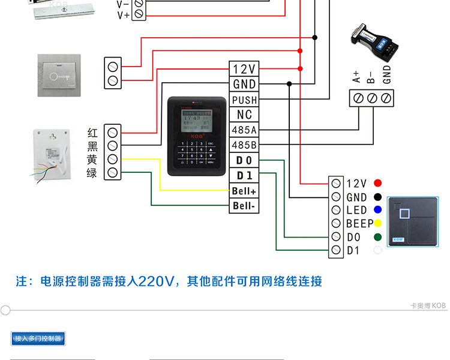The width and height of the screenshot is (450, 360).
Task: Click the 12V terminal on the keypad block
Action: click(x=244, y=69)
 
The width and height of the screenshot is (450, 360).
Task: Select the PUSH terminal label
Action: click(x=244, y=100)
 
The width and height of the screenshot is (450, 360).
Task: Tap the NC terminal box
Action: click(x=244, y=115)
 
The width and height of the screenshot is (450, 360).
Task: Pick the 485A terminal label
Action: click(x=244, y=130)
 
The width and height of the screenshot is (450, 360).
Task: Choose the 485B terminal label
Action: click(x=244, y=145)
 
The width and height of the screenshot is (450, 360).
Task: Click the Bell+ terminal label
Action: click(x=245, y=191)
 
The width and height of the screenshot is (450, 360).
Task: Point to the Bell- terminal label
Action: click(x=245, y=206)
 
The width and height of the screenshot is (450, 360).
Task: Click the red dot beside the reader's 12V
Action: click(x=378, y=183)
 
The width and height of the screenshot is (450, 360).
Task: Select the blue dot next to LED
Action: click(x=378, y=210)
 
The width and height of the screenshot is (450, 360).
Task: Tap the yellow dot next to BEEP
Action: click(x=378, y=224)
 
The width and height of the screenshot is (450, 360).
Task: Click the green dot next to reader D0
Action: click(x=378, y=238)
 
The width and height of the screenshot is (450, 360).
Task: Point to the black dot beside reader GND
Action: click(x=378, y=197)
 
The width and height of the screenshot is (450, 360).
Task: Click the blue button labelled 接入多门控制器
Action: click(x=38, y=338)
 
